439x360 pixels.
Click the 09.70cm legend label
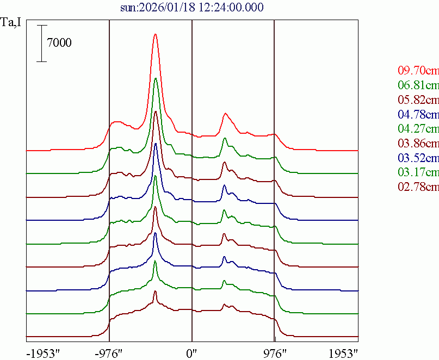[418, 70]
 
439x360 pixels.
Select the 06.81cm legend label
[418, 85]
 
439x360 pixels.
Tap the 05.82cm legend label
[418, 100]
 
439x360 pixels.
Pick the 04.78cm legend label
[418, 114]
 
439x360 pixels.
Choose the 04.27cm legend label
[418, 129]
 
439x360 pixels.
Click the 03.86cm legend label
[418, 144]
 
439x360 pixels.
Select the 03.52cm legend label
[418, 158]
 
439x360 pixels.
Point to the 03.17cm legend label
[418, 173]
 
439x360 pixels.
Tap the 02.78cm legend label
[418, 188]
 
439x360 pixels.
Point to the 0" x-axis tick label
[192, 352]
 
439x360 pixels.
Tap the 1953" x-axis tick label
[343, 352]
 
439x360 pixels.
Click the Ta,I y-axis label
[11, 23]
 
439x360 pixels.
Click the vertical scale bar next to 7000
[42, 43]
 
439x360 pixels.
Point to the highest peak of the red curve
[156, 34]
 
